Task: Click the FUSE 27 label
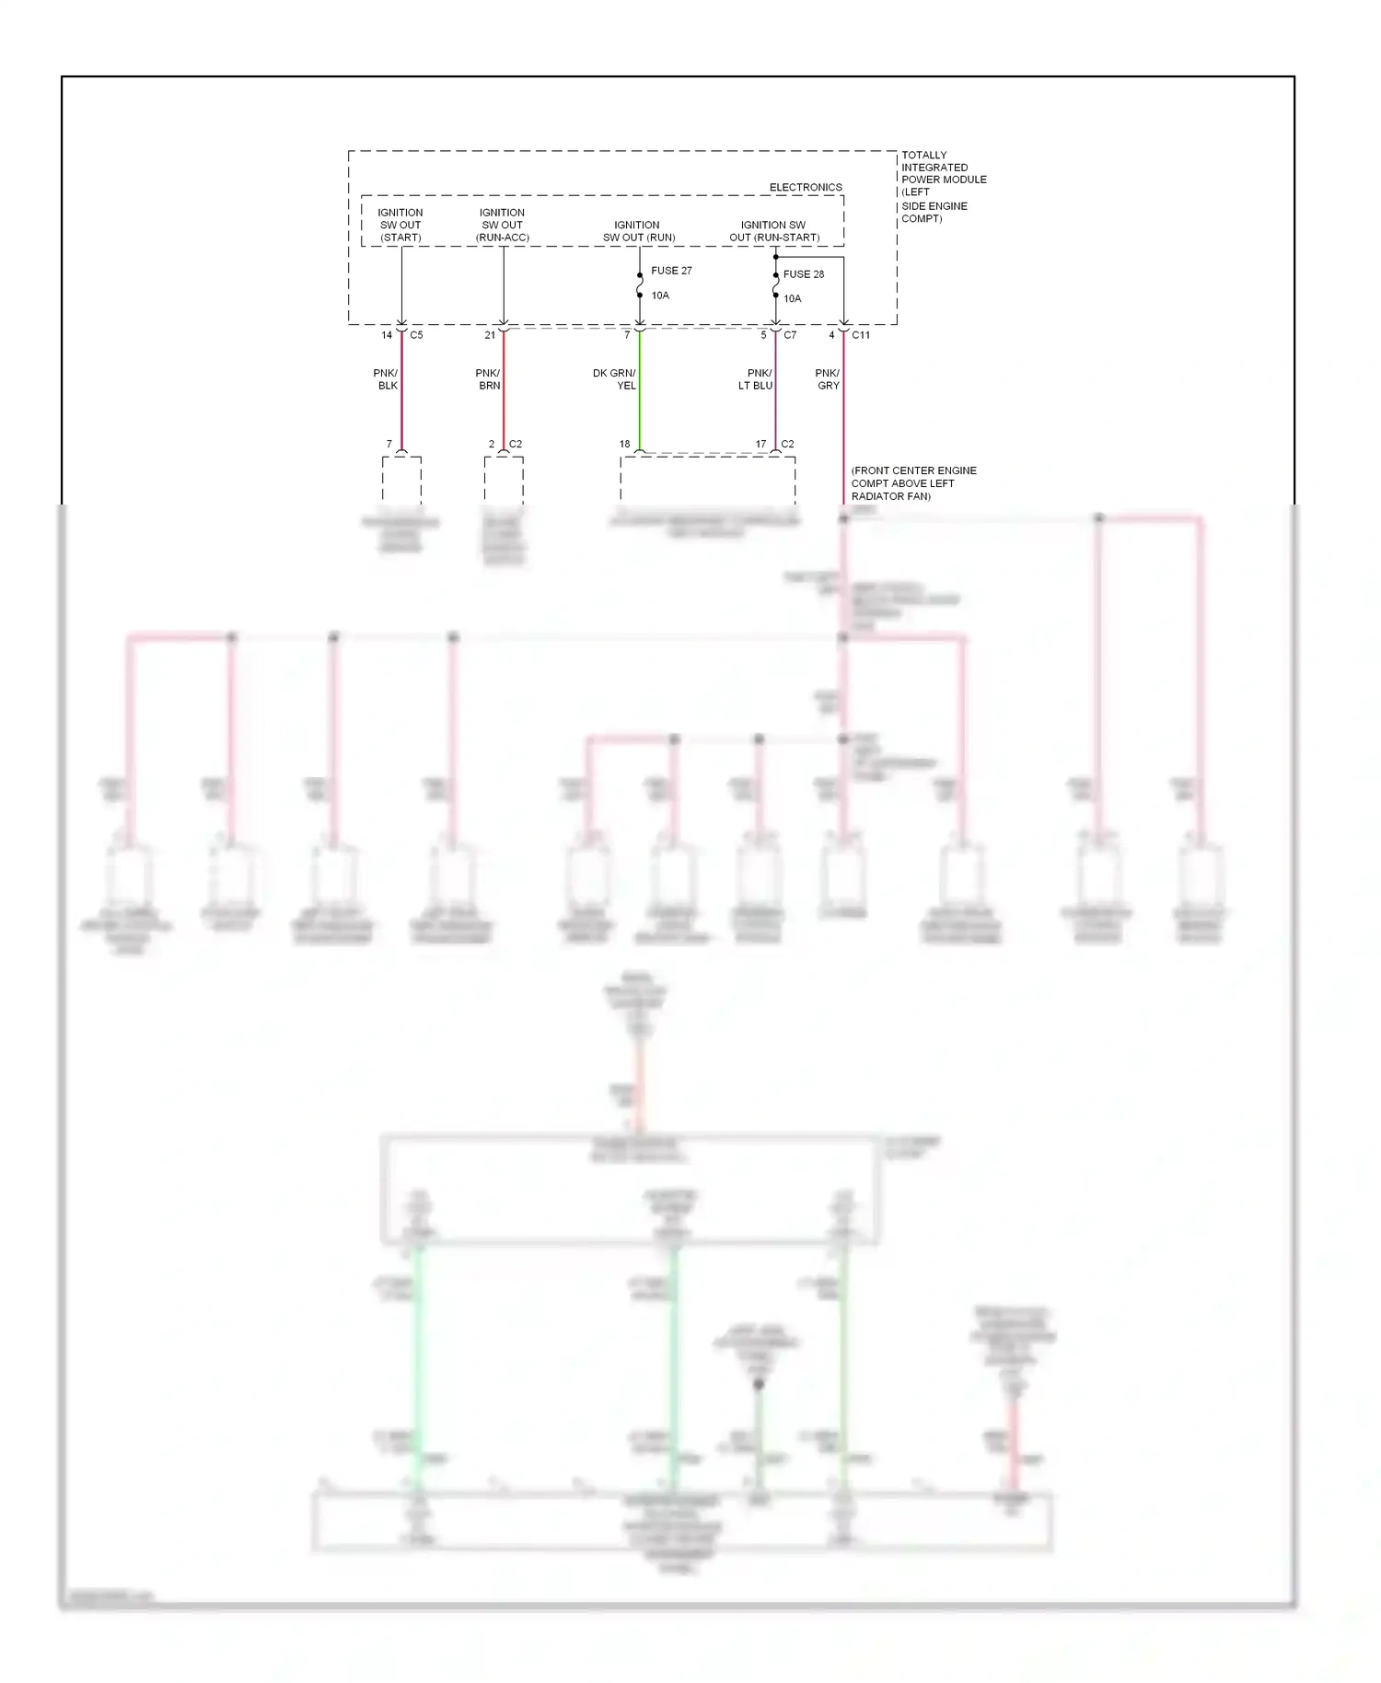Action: tap(671, 271)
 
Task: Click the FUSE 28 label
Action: tap(803, 274)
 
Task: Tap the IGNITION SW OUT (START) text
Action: tap(400, 225)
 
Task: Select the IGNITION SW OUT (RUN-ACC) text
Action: tap(502, 225)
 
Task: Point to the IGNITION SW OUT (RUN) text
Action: tap(638, 231)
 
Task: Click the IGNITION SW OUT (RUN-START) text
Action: tap(773, 231)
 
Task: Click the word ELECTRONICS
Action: tap(806, 187)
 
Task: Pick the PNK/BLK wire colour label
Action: tap(386, 379)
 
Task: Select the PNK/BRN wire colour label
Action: tap(488, 379)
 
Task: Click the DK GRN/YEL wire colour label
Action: tap(615, 379)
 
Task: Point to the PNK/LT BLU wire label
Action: tap(756, 379)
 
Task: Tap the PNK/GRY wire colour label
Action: tap(828, 379)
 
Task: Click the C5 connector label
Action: tap(416, 335)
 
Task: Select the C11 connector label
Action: tap(861, 335)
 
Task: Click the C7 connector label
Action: tap(790, 335)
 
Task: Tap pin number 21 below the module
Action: tap(490, 335)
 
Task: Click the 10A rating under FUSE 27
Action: tap(660, 296)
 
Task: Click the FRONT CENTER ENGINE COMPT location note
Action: tap(912, 483)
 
